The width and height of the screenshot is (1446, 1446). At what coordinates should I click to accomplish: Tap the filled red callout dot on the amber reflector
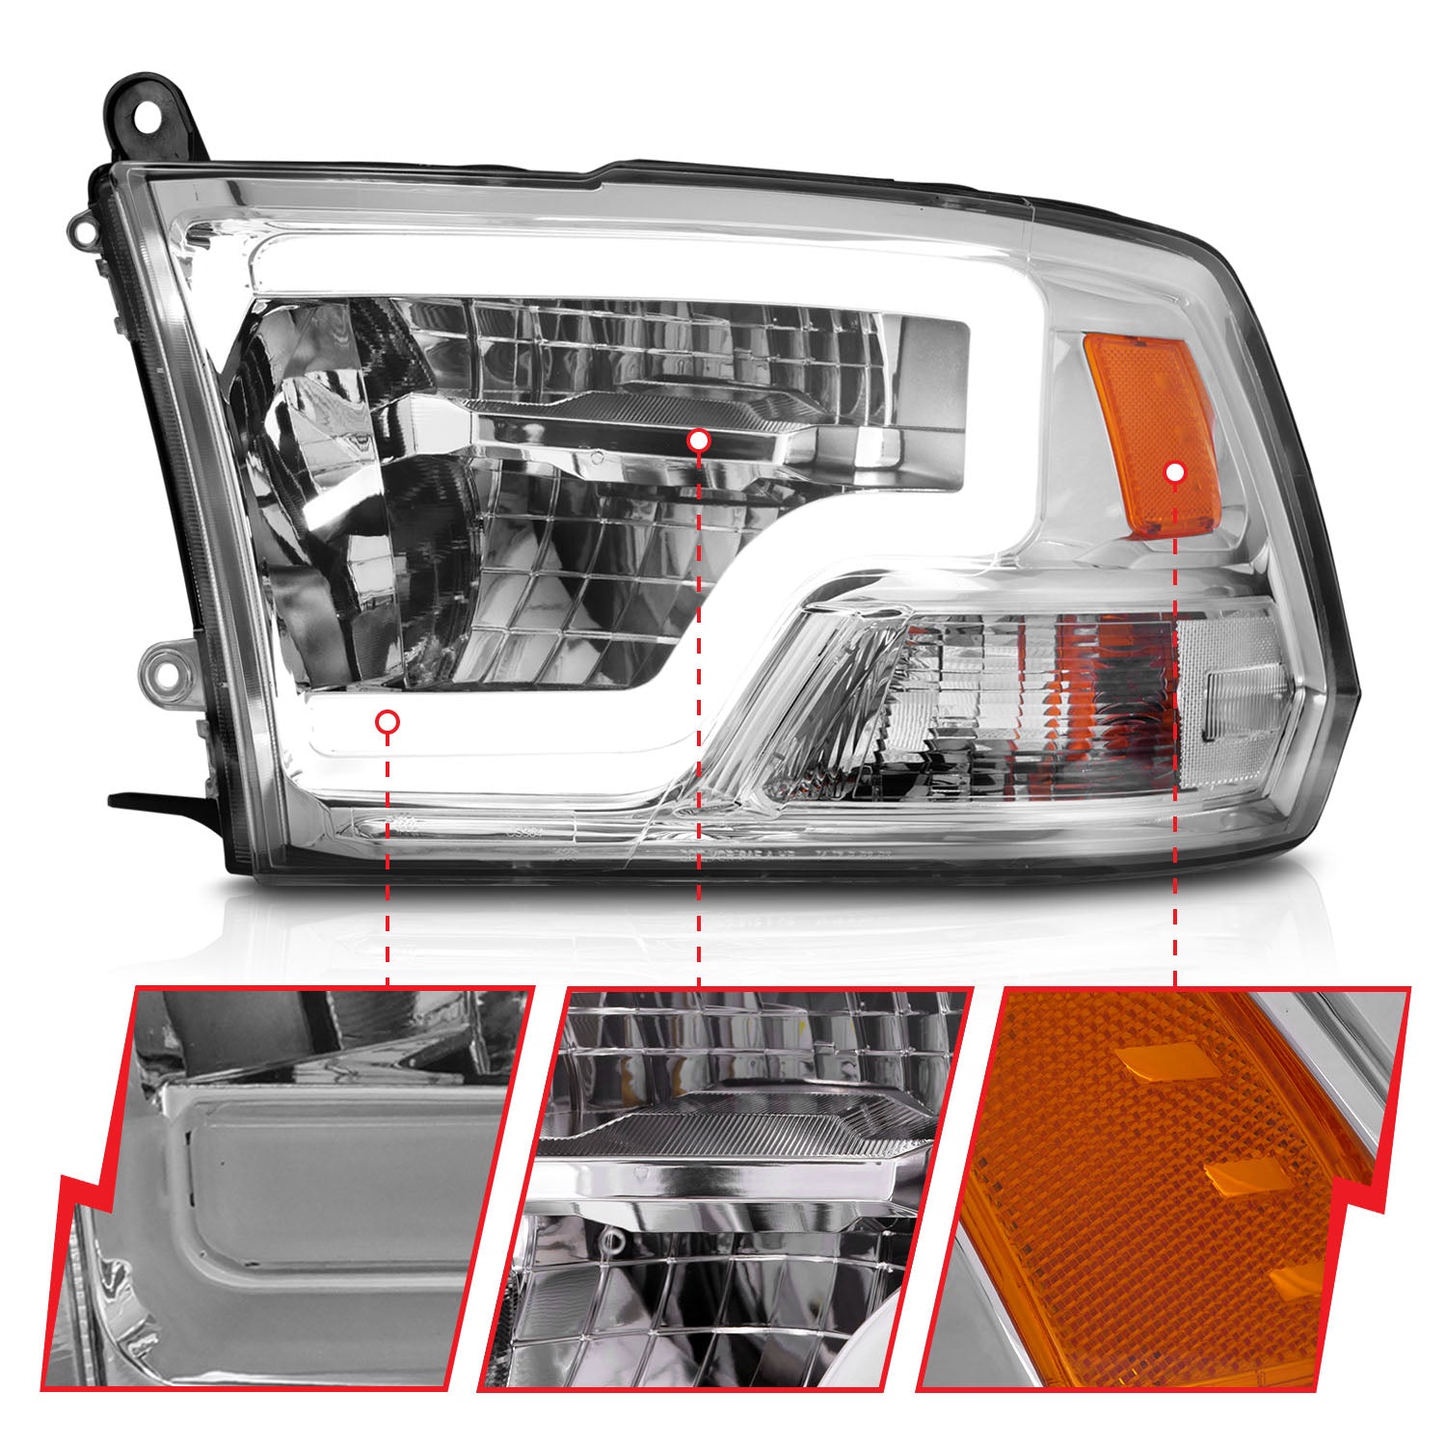point(1174,471)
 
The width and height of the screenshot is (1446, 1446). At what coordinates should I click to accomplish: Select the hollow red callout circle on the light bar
point(388,721)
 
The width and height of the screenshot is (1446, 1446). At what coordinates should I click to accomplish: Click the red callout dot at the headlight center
point(699,441)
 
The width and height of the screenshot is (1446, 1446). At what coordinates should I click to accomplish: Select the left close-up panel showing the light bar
point(289,1186)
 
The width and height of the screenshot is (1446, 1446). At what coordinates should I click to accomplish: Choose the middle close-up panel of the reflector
point(723,1186)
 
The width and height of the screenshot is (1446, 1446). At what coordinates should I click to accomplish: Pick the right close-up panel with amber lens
point(1157,1186)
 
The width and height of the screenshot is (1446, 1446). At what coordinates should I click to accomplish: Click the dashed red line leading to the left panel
point(388,858)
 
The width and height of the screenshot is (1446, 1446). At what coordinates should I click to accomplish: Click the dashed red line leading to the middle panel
point(699,723)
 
